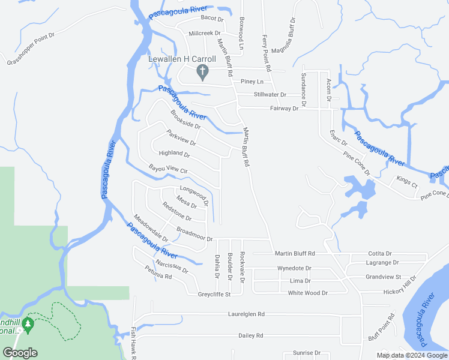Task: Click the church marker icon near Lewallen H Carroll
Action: click(x=203, y=73)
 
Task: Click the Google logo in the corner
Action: click(x=20, y=353)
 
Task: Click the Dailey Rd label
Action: click(x=251, y=335)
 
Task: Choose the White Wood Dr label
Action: click(x=307, y=293)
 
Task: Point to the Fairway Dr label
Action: click(x=284, y=109)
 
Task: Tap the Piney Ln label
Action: click(x=252, y=82)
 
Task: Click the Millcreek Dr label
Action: click(x=205, y=34)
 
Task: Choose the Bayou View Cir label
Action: click(x=168, y=170)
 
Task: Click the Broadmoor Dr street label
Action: click(x=194, y=234)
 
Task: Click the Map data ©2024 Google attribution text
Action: click(x=411, y=355)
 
